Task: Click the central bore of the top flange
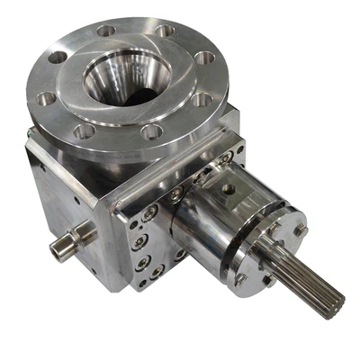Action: click(126, 77)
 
